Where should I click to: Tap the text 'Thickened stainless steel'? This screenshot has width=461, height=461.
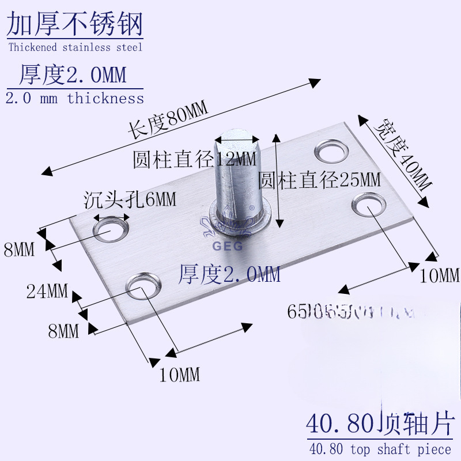click(x=75, y=47)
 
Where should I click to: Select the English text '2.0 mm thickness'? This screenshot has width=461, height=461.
click(x=75, y=99)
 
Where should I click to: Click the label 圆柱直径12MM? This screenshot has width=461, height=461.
click(x=194, y=159)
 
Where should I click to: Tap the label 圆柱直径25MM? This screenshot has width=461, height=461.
click(x=319, y=180)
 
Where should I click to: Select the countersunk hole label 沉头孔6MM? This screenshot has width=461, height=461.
click(x=130, y=200)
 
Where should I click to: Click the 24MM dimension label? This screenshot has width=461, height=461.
click(x=47, y=292)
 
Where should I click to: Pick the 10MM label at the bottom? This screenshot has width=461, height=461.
click(x=179, y=375)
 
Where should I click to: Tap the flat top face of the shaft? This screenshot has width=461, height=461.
click(x=237, y=139)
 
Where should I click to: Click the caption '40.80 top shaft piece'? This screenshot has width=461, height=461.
click(x=380, y=449)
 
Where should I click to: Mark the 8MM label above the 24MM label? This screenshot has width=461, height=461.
click(x=20, y=250)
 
